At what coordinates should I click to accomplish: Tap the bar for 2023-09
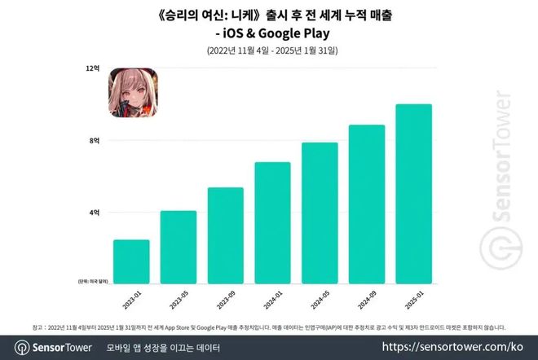[225, 235]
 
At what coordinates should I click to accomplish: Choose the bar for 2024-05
[320, 213]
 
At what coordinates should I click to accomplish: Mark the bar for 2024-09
[367, 204]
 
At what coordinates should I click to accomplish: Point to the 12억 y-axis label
[92, 69]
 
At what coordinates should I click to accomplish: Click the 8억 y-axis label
[94, 141]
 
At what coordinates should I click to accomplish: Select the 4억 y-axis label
[94, 212]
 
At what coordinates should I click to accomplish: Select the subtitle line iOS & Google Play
[269, 33]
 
